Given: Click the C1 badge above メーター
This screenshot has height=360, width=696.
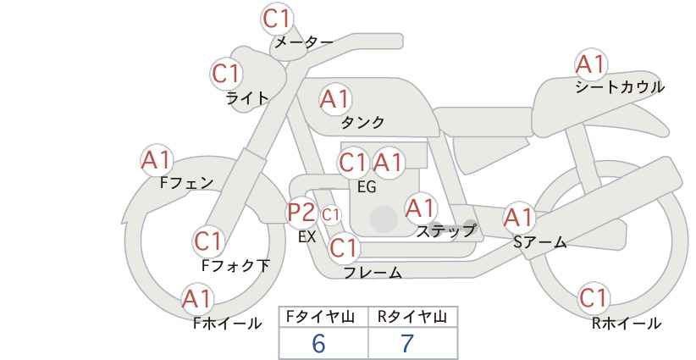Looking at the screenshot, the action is [277, 19].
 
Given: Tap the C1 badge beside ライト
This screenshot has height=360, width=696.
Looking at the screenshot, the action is [226, 74].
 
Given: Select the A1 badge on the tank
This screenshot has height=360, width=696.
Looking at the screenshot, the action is [335, 99].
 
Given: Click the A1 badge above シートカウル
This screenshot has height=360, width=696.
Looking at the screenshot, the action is [590, 64].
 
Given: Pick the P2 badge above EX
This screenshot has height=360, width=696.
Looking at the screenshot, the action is [301, 213].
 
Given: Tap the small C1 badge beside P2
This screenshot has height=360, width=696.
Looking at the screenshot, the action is [330, 215].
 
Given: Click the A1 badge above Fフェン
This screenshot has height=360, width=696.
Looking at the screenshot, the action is [157, 160].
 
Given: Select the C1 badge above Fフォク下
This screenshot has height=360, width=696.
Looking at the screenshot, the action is [208, 241].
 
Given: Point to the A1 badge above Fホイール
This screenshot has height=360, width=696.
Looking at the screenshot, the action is [197, 299].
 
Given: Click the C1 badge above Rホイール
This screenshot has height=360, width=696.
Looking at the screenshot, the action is [594, 298].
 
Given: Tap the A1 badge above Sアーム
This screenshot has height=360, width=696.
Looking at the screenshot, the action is [518, 218].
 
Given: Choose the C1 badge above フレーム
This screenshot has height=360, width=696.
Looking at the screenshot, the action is [344, 247].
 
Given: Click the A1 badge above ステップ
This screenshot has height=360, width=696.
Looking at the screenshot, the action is [421, 208].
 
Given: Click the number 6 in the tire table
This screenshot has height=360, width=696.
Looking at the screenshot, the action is [318, 343].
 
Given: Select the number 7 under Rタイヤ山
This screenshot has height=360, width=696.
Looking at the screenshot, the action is [407, 343].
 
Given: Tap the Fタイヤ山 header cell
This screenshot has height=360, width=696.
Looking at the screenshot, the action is [323, 317].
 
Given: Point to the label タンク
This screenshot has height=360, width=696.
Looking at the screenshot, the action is [362, 122].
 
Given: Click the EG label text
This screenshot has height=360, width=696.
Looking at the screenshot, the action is [367, 187].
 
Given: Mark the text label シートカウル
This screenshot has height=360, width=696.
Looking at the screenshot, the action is [620, 86].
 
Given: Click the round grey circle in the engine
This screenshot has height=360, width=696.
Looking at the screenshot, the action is [384, 219].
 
